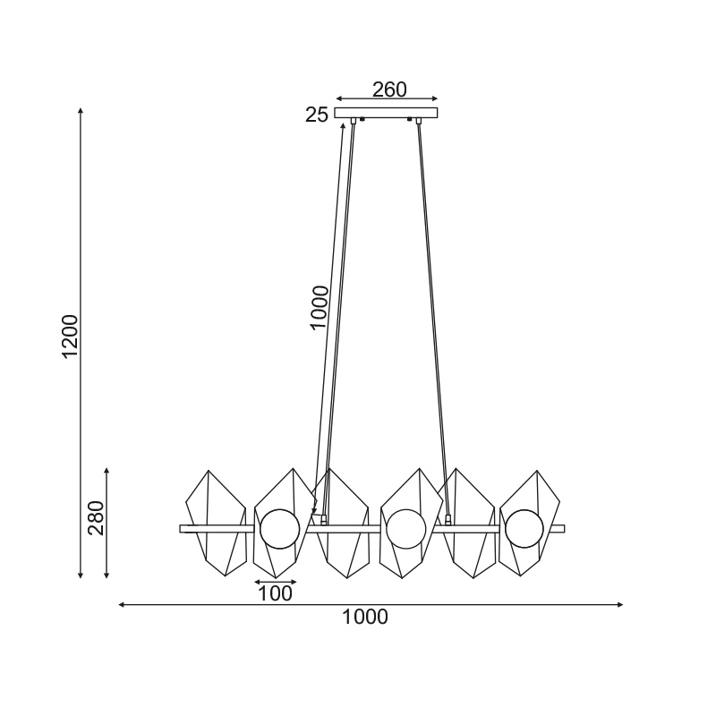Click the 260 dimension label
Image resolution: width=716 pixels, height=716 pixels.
389,89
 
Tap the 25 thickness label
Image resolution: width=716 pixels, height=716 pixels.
317,115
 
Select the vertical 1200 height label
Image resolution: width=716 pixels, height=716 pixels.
71,337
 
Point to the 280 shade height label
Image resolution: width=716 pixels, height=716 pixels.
97,518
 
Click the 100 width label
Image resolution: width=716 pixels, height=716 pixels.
275,593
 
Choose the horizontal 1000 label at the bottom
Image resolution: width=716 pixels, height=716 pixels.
365,617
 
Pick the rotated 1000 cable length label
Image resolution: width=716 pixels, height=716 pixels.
319,307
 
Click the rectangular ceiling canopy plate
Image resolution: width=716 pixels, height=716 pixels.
386,113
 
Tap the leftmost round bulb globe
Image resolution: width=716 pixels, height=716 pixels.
280,529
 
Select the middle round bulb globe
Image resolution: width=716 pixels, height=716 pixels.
406,529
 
